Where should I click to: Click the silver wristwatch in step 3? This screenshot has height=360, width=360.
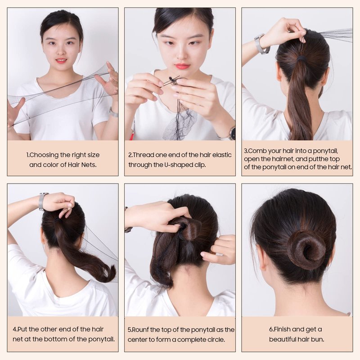[262, 44]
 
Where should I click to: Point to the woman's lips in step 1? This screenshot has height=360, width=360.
[61, 61]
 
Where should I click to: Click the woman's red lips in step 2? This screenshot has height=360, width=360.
[182, 67]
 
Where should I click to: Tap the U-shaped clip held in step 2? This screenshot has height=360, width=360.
[171, 81]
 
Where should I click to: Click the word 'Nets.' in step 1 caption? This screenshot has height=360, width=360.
[89, 165]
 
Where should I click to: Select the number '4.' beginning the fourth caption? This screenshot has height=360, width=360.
[15, 329]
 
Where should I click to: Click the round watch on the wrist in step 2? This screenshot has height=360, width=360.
[232, 133]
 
